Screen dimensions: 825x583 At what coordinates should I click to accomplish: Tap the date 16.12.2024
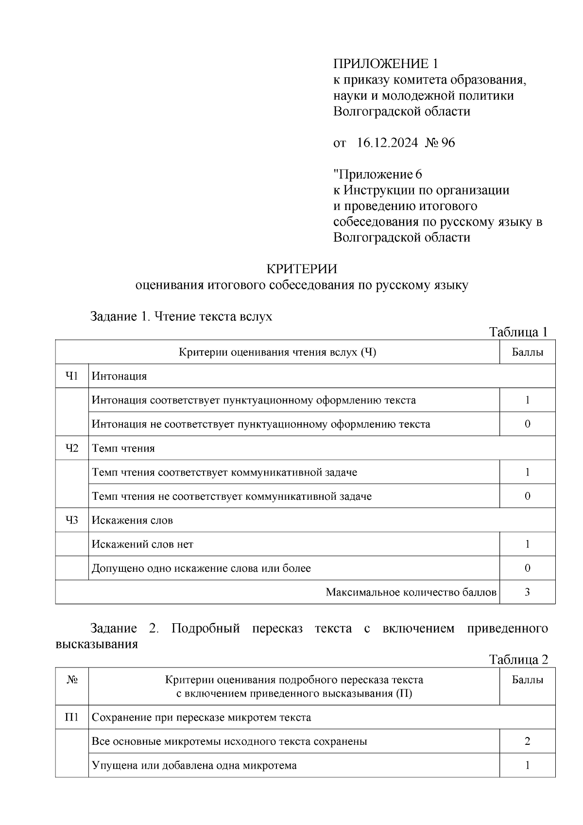point(387,143)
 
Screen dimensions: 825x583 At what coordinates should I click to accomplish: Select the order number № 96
point(440,143)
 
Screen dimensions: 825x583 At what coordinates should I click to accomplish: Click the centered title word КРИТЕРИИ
point(302,269)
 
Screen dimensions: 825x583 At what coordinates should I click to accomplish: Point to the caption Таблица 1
point(518,332)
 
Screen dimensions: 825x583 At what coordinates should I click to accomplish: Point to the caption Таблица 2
point(518,660)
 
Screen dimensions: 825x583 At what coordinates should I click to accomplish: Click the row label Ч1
point(72,376)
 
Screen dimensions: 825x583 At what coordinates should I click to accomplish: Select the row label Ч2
point(72,448)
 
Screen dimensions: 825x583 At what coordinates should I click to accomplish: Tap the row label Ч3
point(72,520)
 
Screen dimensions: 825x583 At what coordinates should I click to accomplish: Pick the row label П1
point(72,717)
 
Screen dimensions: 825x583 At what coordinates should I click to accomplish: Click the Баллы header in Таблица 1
point(527,352)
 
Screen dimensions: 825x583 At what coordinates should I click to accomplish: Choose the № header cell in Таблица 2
point(72,680)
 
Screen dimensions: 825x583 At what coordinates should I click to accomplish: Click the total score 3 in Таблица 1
point(527,592)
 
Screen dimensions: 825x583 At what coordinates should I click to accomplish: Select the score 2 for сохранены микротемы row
point(527,741)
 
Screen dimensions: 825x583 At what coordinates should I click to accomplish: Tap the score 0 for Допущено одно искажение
point(527,568)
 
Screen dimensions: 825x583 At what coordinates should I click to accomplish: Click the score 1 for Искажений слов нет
point(527,544)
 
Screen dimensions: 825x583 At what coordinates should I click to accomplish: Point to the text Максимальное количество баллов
point(411,592)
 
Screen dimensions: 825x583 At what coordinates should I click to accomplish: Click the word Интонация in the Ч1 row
point(119,376)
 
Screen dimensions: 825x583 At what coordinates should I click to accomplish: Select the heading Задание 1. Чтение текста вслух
point(181,316)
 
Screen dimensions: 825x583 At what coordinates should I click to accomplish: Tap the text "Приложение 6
point(377,174)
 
